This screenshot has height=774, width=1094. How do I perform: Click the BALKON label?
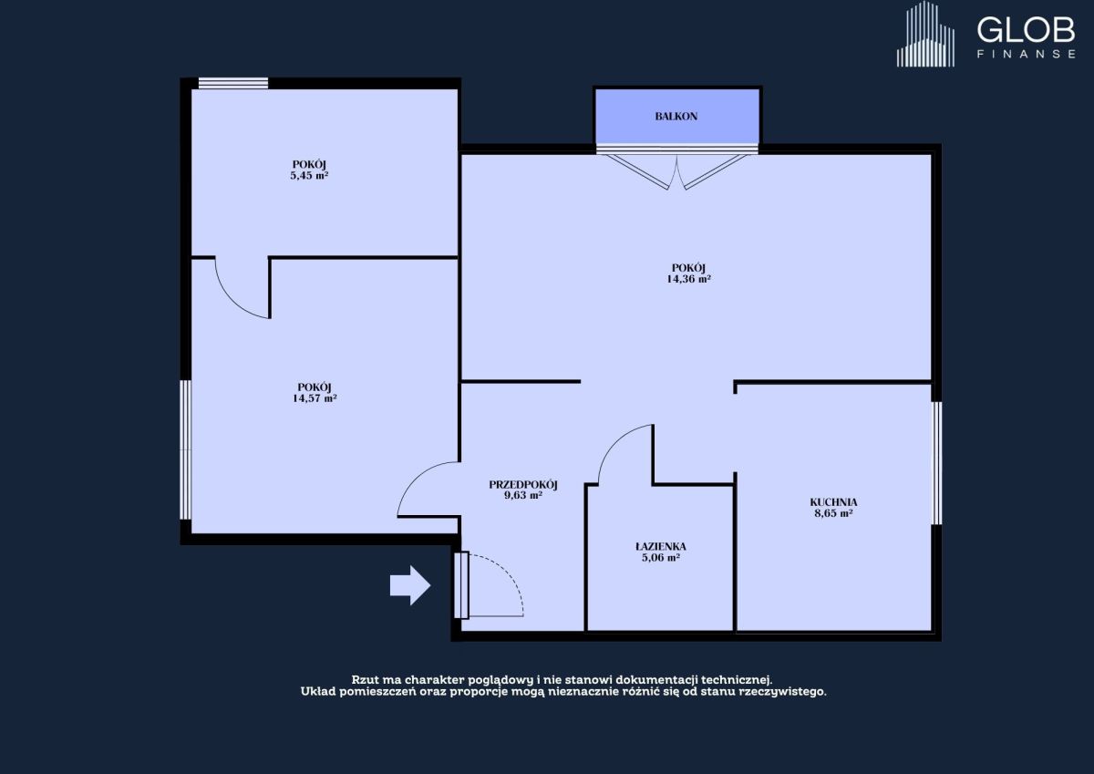[676, 116]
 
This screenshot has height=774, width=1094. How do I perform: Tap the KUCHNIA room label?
[833, 502]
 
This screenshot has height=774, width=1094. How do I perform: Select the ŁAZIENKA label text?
[660, 546]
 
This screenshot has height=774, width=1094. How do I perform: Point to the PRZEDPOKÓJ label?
[523, 484]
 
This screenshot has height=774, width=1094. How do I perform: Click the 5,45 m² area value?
[309, 176]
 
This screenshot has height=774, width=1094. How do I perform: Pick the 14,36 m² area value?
[688, 279]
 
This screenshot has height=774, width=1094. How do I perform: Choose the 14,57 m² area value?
[315, 398]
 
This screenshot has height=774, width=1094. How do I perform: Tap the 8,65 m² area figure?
[833, 513]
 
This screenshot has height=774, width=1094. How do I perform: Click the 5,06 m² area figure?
[661, 558]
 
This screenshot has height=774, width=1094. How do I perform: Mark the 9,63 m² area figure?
[523, 496]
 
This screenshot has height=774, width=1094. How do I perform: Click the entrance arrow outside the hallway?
[409, 585]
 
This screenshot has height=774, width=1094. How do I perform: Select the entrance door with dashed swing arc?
[489, 585]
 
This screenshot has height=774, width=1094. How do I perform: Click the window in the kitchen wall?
[937, 463]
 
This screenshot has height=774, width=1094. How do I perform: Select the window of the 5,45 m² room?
[233, 83]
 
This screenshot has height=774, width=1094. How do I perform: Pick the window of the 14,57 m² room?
[186, 449]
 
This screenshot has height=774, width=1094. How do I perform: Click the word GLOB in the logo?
[1026, 30]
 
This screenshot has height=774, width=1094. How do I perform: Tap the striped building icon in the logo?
[925, 34]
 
